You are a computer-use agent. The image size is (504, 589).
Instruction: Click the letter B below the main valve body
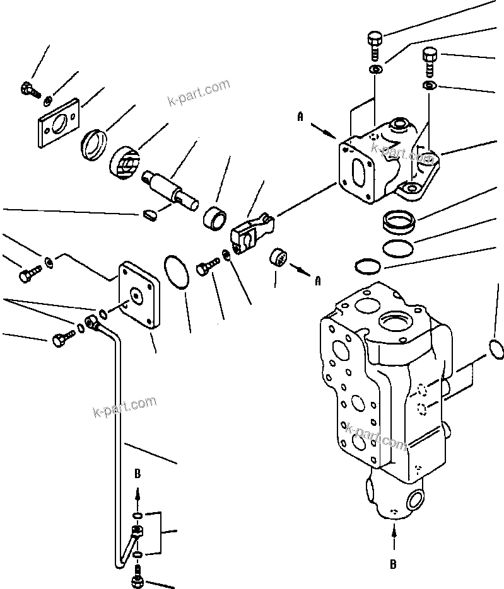(393, 564)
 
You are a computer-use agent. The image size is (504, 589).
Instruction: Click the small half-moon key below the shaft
(149, 216)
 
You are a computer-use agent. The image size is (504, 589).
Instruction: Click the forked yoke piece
(251, 231)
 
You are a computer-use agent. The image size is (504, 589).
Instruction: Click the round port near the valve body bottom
(417, 500)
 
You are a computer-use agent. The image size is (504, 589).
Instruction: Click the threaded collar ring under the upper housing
(398, 222)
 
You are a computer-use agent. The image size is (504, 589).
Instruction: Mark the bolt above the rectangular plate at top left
(27, 89)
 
